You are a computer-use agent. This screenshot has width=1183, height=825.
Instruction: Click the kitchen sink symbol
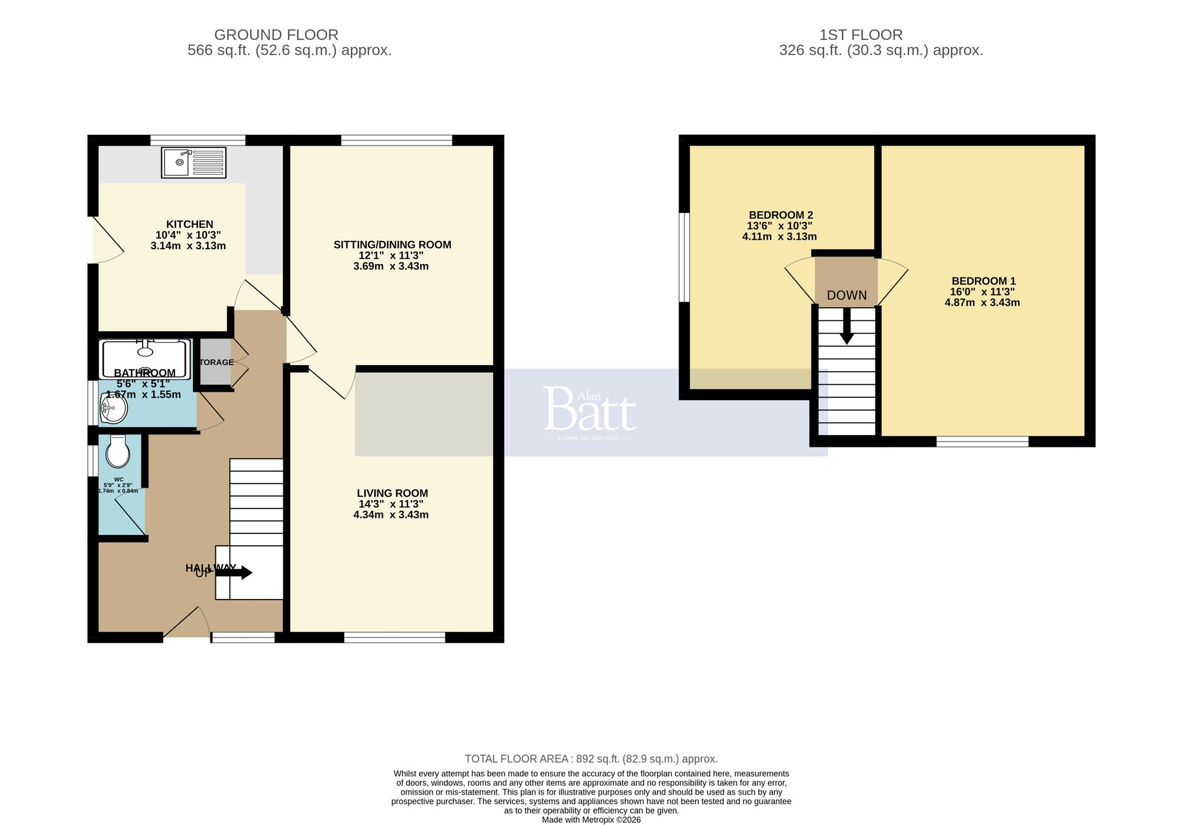coord(193,162)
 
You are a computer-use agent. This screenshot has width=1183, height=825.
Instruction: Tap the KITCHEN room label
coord(189,224)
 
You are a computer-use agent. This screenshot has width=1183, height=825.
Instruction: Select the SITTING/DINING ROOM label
coord(392,244)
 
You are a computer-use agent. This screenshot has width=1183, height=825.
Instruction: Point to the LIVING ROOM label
coord(392,493)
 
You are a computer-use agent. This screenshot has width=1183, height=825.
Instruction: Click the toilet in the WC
coord(118,452)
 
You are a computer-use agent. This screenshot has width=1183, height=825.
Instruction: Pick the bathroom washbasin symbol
coord(113,408)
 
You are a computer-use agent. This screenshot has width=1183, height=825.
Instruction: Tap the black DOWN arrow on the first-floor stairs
coord(846,328)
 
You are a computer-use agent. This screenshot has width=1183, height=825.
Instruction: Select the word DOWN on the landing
coord(846,295)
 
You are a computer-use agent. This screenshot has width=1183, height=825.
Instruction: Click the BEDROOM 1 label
coord(983,281)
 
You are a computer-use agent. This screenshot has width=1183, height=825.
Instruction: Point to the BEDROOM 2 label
coord(780,215)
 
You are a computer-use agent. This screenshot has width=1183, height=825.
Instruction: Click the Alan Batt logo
coord(590,411)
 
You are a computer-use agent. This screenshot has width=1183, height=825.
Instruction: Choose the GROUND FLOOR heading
coord(276,35)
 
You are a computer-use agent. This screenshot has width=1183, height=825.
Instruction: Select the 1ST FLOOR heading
coord(861,35)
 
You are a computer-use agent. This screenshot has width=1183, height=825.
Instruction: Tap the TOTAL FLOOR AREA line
coord(591,759)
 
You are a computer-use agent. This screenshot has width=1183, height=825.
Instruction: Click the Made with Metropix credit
coord(591,820)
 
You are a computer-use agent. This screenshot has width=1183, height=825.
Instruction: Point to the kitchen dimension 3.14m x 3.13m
coord(188,246)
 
